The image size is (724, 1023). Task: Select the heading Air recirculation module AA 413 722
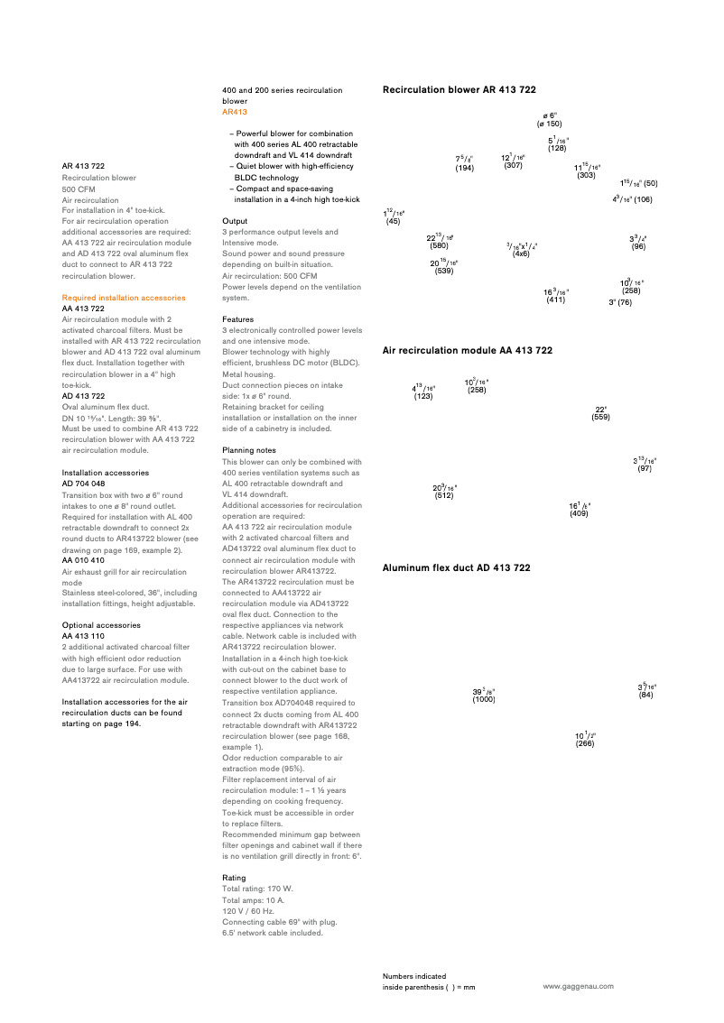467,350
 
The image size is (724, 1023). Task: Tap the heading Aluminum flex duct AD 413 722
456,568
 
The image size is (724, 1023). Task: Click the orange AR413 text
235,112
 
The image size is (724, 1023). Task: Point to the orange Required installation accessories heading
124,298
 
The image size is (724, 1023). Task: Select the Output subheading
235,220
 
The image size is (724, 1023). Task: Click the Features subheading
239,319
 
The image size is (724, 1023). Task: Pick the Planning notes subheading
248,450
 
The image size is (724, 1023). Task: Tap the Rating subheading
234,878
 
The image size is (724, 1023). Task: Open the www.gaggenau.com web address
578,987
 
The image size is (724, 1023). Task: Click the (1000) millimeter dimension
484,699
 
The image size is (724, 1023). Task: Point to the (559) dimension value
600,418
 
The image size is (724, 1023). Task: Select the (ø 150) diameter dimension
549,124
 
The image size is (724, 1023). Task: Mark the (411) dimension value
555,300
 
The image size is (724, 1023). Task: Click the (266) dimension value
585,742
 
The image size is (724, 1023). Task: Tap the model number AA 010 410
83,560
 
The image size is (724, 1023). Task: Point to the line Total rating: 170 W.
257,889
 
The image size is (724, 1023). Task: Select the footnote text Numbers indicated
413,976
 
